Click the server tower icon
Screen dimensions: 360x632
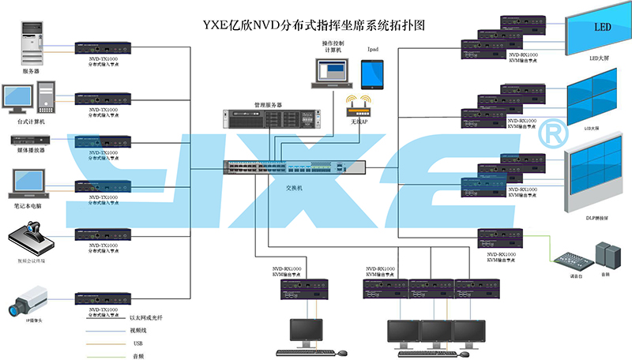[32, 44]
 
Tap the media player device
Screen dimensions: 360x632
[30, 140]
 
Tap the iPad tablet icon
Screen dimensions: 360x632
[372, 74]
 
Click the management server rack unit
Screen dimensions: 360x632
[268, 119]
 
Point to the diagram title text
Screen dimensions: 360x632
[315, 23]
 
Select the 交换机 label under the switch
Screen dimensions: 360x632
[295, 189]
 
